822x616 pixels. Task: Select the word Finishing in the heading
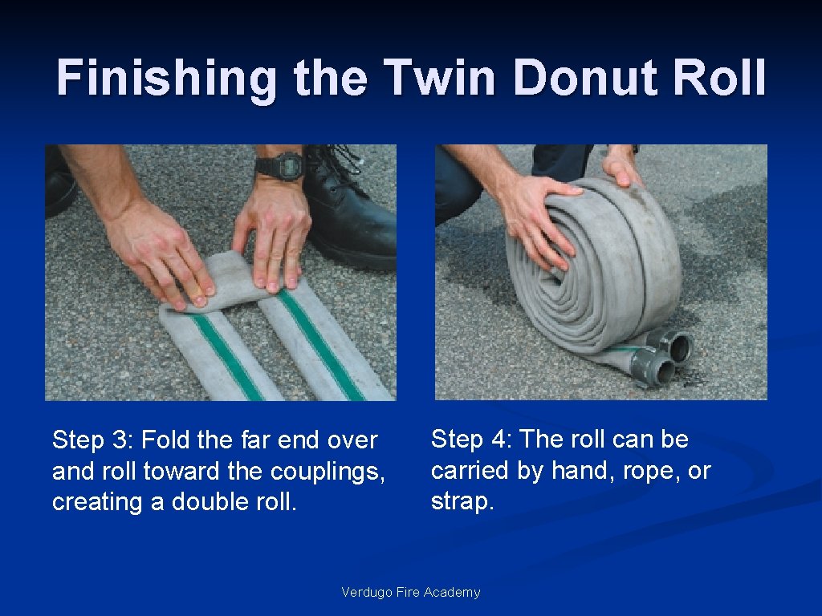pos(166,79)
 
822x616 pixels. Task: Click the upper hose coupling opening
pos(679,347)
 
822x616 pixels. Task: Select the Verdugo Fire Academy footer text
pos(410,592)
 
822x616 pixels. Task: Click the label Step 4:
pos(470,440)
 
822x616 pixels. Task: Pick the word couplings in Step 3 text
pos(328,472)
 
